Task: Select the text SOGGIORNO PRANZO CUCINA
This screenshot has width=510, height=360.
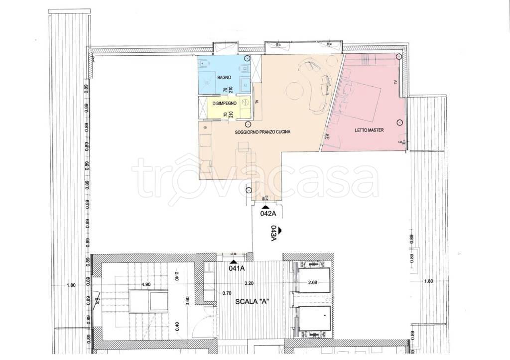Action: point(262,133)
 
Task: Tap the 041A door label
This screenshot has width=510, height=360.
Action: point(237,268)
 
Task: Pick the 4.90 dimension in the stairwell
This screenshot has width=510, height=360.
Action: point(146,285)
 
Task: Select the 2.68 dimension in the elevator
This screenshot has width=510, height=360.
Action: point(313,283)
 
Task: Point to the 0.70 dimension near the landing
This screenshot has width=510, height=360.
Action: point(226,293)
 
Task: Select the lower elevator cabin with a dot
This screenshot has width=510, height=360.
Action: point(313,319)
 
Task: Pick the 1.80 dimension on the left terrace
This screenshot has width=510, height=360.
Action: point(71,285)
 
